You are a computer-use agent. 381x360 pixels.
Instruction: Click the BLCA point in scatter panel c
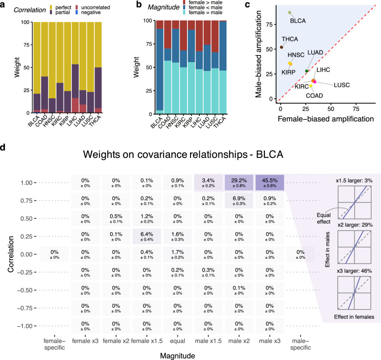289,13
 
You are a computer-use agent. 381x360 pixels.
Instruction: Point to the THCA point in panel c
282,47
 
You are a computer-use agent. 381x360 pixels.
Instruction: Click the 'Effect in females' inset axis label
354,317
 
